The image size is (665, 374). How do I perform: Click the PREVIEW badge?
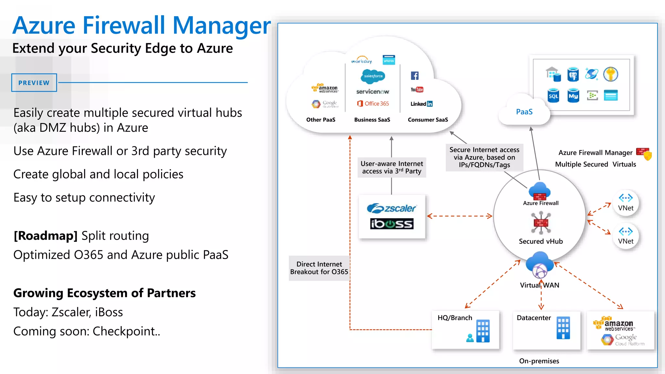coord(34,83)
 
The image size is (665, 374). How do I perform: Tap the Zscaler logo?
coord(392,208)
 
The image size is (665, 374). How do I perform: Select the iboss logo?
coord(392,224)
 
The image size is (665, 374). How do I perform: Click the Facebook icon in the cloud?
coord(415,76)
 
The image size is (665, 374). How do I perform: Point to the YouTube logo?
coord(417,90)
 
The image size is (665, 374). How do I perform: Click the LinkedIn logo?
coord(421,104)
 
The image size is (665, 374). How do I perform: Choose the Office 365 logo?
coord(373,104)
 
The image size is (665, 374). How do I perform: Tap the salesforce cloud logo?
coord(373,76)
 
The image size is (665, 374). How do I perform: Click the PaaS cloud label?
coord(524,112)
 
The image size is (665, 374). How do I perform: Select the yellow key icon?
coord(610,74)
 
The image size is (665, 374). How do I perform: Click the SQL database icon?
coord(553,95)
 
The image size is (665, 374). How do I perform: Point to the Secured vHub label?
coord(541,241)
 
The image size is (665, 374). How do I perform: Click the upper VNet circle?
coord(626,203)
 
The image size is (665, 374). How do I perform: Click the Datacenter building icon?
coord(563,328)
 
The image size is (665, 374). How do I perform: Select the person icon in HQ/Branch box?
coord(470,338)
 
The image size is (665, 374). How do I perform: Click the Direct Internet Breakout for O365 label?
coord(319,268)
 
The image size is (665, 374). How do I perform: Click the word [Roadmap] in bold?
coord(45,236)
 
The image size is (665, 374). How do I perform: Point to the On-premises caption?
coord(539,361)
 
